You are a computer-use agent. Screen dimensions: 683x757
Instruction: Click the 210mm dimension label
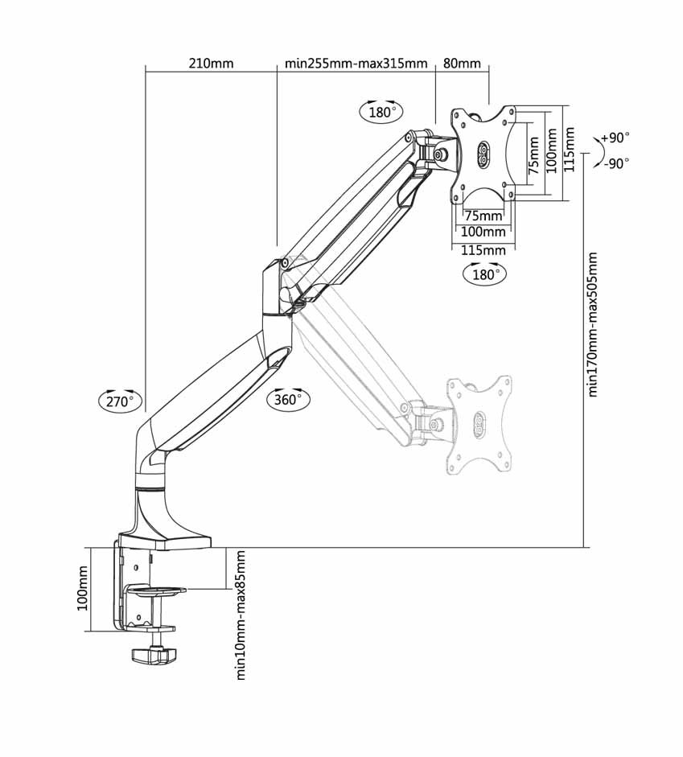click(211, 64)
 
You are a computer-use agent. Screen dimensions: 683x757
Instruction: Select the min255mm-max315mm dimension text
click(356, 64)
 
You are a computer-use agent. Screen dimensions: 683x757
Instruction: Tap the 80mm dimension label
click(462, 64)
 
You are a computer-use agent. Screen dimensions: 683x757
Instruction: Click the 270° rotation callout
click(120, 401)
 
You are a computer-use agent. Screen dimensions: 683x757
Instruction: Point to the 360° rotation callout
click(288, 399)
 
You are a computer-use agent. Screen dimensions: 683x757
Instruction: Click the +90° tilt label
click(615, 138)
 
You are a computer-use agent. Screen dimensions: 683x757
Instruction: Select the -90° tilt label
click(616, 163)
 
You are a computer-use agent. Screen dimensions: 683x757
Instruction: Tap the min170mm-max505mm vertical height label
click(592, 324)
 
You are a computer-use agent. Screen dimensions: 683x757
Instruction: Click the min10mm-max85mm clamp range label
click(241, 615)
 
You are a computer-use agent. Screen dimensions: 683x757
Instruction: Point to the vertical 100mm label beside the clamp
click(83, 589)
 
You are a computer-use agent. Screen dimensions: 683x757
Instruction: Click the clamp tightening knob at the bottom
click(154, 654)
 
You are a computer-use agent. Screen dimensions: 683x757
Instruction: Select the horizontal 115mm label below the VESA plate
click(483, 250)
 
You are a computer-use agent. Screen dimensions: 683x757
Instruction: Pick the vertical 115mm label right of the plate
click(569, 150)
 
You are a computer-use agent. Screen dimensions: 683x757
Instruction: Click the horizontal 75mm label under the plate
click(483, 216)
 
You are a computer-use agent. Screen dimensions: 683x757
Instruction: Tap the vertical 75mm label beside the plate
click(533, 155)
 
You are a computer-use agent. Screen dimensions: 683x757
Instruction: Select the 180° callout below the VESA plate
click(484, 274)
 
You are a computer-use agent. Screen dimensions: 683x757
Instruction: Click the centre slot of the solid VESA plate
click(483, 154)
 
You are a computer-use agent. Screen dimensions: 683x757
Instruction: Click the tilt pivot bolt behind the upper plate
click(440, 154)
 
